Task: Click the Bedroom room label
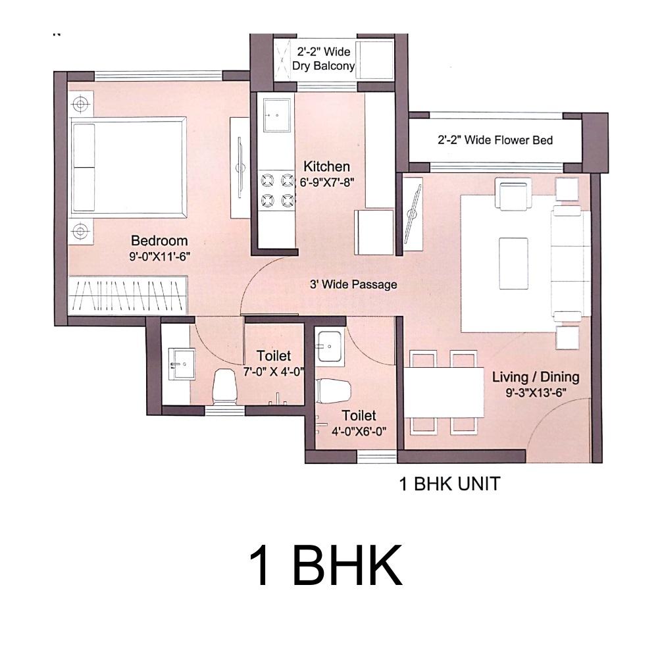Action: [x=159, y=240]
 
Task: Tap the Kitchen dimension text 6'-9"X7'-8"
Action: [x=327, y=182]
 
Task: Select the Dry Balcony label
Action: [x=323, y=66]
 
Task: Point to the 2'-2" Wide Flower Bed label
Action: [x=495, y=139]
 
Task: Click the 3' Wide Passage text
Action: [x=353, y=284]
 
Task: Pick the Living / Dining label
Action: [x=536, y=377]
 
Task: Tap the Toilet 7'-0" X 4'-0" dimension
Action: [x=274, y=372]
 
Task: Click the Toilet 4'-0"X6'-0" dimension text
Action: [x=359, y=432]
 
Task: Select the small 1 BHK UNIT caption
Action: [x=449, y=484]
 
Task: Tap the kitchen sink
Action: [x=276, y=114]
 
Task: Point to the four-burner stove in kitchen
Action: [x=277, y=191]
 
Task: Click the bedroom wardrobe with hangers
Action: [x=128, y=295]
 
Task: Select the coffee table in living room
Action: [x=513, y=264]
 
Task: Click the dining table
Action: [x=444, y=392]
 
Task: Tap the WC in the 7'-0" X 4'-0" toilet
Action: [x=224, y=387]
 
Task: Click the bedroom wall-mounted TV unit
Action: [x=240, y=167]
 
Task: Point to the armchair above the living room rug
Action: [x=513, y=193]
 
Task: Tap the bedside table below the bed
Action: [x=80, y=231]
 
